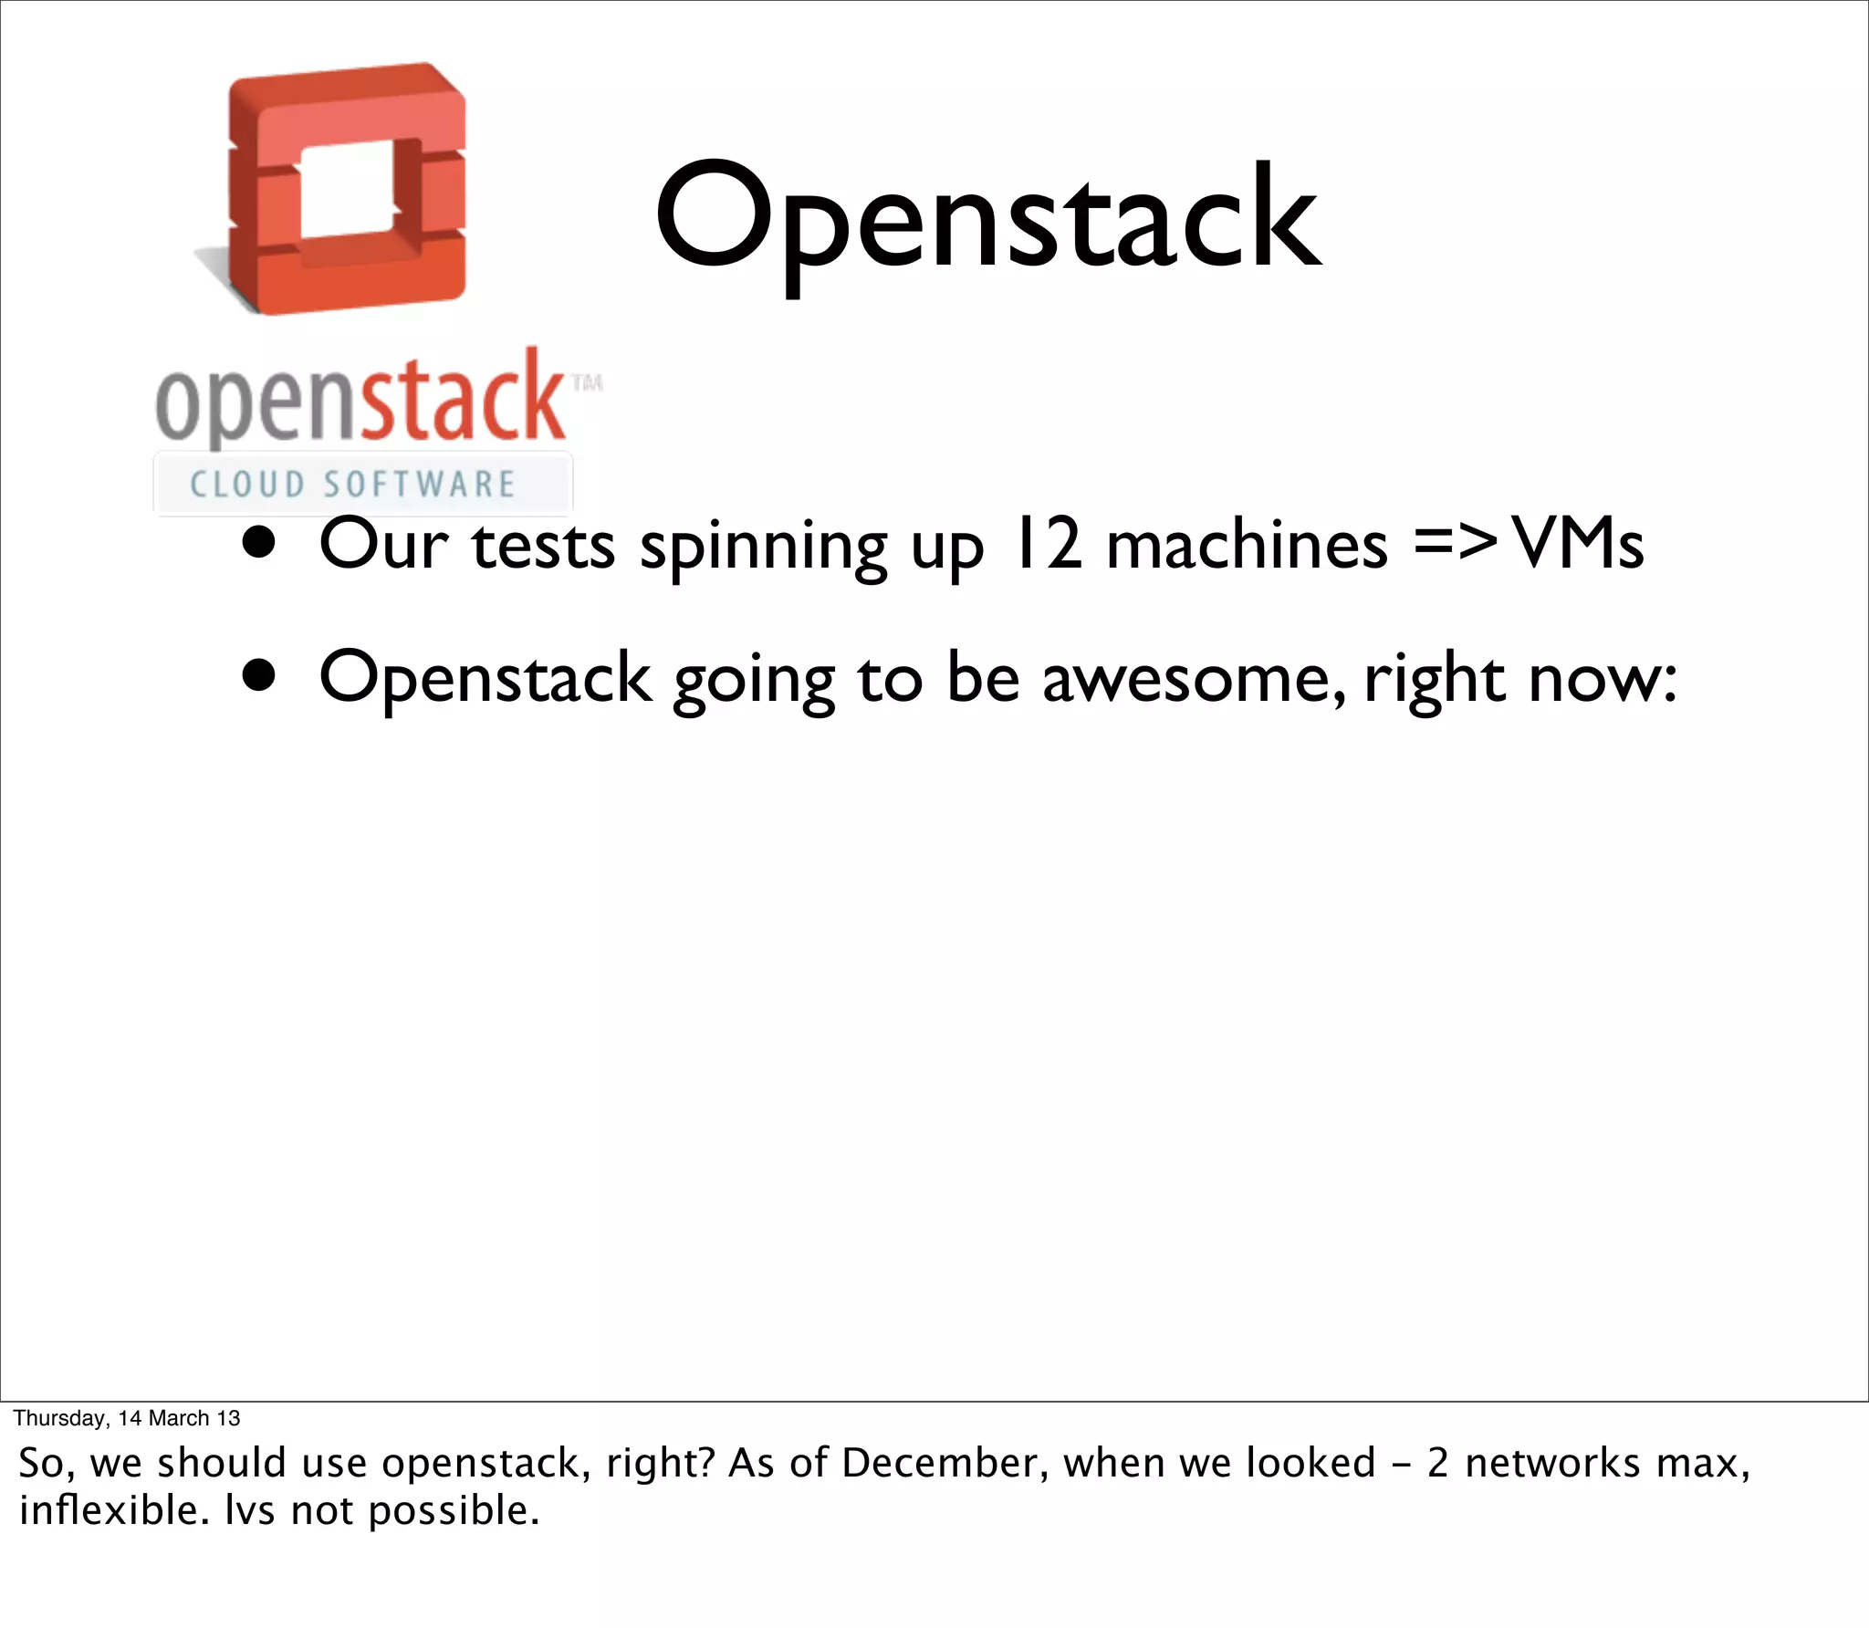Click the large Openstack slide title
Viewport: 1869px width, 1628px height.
pos(987,219)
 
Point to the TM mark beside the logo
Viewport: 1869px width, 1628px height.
pos(587,382)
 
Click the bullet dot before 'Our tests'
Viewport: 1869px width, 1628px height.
pos(259,544)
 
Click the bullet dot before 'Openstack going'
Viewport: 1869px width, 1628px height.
pos(259,677)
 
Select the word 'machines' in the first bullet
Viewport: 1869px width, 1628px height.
pos(1247,545)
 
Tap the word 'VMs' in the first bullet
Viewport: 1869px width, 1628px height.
pos(1579,545)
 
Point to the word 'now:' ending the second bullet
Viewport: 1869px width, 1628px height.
pos(1603,679)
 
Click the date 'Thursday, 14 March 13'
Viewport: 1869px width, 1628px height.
pos(127,1418)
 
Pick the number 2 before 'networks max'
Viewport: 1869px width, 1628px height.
pos(1437,1464)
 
